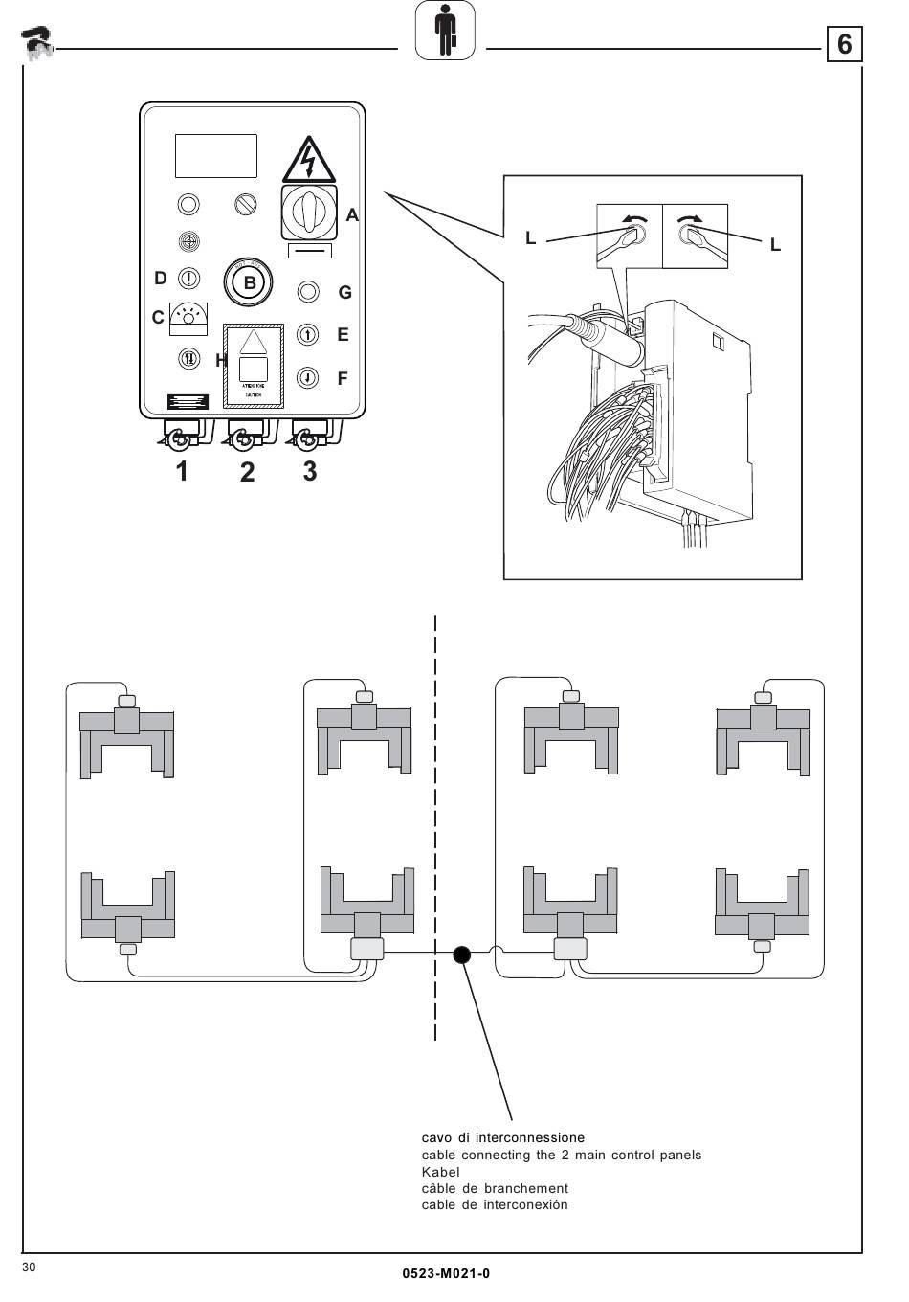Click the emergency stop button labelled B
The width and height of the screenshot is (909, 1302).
(x=250, y=282)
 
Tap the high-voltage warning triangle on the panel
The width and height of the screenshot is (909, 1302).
(x=308, y=160)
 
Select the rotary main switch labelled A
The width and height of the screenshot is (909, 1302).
(x=308, y=212)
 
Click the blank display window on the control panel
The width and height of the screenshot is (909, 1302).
(x=216, y=156)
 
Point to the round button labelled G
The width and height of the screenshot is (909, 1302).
(x=308, y=291)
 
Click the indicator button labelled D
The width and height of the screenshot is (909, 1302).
(x=189, y=279)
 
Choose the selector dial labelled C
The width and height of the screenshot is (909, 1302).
(x=188, y=319)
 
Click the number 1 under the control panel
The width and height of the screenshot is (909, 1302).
(x=181, y=472)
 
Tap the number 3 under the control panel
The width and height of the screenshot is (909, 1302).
(x=309, y=471)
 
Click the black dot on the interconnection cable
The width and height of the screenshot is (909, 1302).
(x=462, y=954)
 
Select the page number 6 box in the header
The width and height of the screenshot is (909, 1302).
(x=844, y=44)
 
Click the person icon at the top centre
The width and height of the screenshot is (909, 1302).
(x=446, y=32)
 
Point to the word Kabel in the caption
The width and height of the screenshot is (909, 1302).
(x=441, y=1172)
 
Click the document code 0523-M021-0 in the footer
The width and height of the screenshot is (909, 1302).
(x=446, y=1273)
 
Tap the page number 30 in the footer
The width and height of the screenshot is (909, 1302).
(x=29, y=1268)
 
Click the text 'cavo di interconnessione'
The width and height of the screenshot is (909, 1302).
(x=502, y=1138)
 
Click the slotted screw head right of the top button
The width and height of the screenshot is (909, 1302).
(x=246, y=204)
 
